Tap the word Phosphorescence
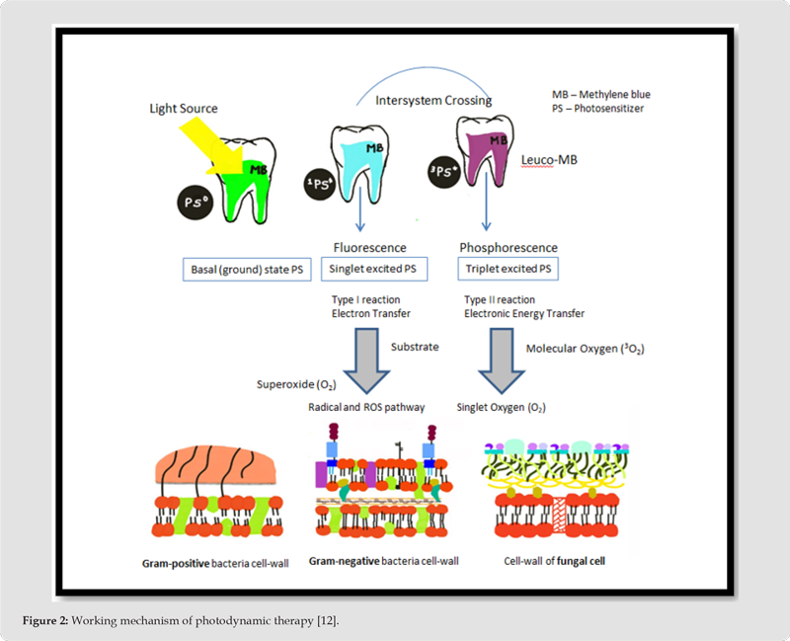509,248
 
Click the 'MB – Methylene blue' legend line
600,94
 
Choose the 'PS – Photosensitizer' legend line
597,109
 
